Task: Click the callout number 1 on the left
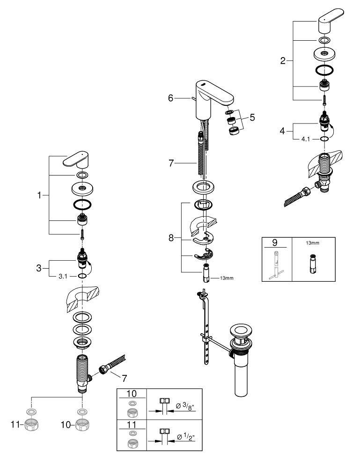coord(40,196)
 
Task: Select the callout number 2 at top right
coord(283,61)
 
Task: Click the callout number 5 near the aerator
coord(252,117)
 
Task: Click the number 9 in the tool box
coord(275,243)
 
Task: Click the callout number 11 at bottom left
coord(15,424)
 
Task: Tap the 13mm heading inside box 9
coord(312,243)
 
